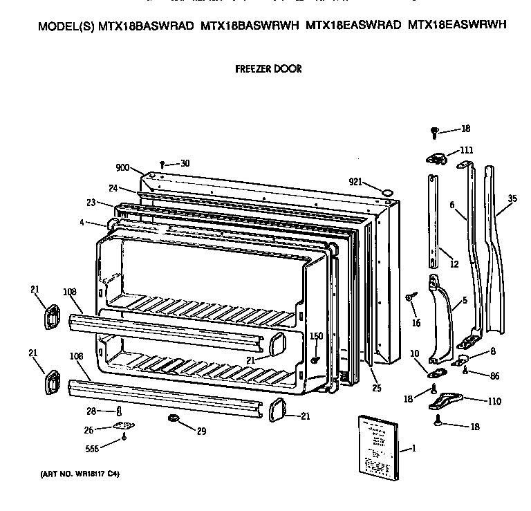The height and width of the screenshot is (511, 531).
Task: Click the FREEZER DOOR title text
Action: pos(268,69)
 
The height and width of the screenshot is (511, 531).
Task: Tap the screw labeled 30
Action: pos(161,164)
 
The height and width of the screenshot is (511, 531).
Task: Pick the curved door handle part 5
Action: pos(442,318)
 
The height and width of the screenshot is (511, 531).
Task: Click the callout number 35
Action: pos(512,199)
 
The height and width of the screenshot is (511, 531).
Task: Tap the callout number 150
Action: pos(316,336)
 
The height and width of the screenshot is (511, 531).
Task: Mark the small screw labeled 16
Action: pos(410,296)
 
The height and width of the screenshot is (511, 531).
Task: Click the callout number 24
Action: pos(113,187)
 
